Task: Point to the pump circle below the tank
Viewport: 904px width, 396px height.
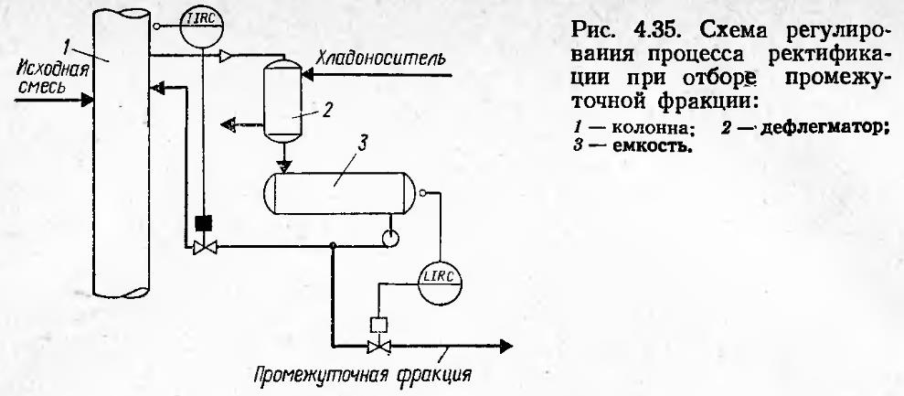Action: tap(390, 240)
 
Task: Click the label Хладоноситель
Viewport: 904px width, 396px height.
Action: tap(380, 59)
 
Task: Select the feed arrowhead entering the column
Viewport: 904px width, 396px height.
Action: tap(86, 100)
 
